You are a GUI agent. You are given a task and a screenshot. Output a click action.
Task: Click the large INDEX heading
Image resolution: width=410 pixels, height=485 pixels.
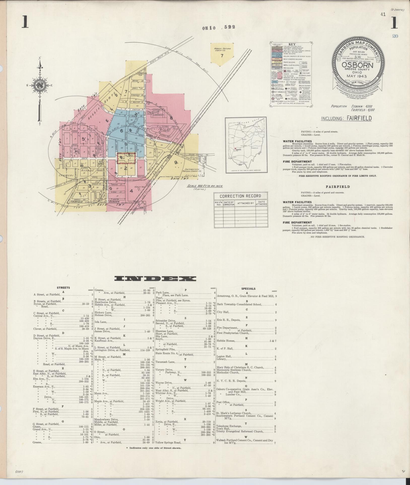pos(155,278)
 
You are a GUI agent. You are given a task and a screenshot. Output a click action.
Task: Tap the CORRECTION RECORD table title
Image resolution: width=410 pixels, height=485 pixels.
pos(240,196)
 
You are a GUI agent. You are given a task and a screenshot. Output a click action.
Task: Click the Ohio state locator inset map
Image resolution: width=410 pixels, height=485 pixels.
pos(246,145)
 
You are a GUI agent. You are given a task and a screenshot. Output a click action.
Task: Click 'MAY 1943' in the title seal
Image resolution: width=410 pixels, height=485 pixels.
pos(357,76)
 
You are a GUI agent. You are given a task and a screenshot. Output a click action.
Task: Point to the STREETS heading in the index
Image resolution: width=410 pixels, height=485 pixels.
pos(63,287)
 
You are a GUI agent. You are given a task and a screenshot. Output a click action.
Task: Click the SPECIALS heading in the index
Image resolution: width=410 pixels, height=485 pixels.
pos(248,289)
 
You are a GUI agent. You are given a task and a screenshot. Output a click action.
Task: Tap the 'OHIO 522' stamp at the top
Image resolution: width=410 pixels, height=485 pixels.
pos(218,27)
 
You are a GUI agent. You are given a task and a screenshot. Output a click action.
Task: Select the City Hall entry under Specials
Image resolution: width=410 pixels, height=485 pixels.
pos(223,312)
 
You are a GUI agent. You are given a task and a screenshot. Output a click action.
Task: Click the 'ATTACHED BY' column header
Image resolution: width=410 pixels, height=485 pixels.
pos(245,203)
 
